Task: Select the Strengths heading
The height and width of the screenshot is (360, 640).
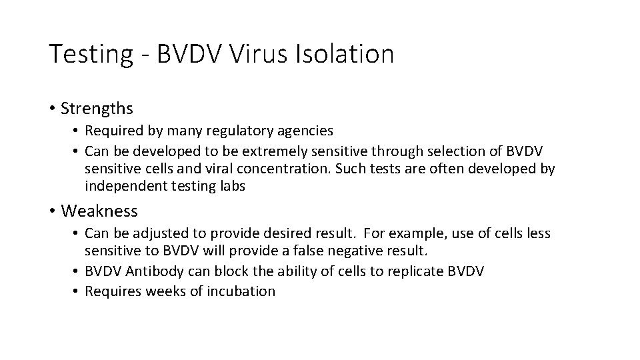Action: pos(96,108)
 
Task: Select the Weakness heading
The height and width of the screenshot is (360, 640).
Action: pos(99,211)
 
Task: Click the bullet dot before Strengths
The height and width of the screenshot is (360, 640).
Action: pos(51,109)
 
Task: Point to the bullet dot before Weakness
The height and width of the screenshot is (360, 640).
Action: pos(51,212)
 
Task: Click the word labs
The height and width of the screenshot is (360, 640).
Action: pos(231,187)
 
